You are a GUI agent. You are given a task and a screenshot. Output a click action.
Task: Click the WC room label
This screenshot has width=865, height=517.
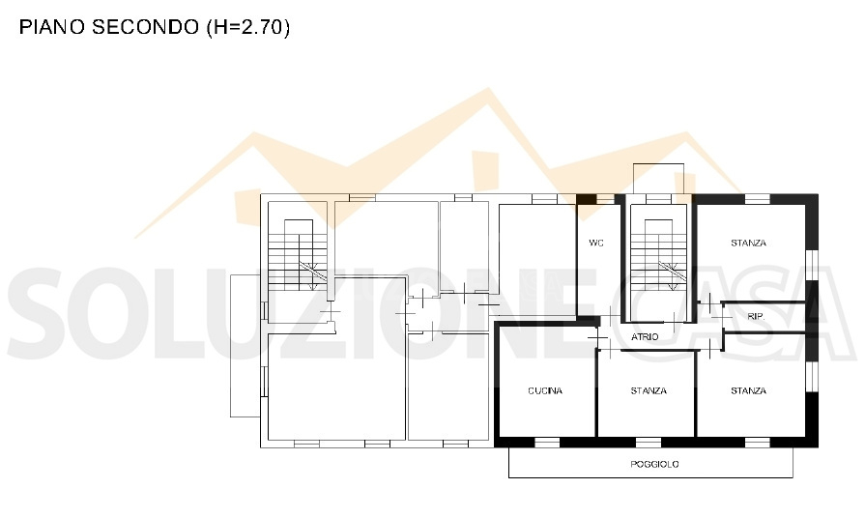pos(595,243)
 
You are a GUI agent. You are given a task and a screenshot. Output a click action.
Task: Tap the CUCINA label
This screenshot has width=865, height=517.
pos(545,390)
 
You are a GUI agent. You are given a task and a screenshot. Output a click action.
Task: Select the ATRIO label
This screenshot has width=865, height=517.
pos(645,336)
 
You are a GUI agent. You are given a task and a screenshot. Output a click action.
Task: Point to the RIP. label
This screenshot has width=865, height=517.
pos(756,317)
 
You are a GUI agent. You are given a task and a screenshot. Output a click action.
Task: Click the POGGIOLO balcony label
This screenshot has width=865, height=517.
pos(654,464)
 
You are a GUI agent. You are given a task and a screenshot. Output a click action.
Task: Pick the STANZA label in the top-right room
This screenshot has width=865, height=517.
pos(749,243)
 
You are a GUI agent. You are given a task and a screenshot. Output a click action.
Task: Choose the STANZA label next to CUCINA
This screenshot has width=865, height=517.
pos(649,390)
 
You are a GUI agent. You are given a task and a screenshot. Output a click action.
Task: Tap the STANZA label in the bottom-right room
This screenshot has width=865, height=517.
pos(749,390)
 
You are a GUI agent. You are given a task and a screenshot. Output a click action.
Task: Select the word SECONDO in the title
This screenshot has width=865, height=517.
pos(145,27)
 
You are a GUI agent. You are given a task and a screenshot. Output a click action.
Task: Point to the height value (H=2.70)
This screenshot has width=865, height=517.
pos(248,27)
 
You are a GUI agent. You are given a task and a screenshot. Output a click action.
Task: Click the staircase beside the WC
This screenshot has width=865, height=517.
pos(659,255)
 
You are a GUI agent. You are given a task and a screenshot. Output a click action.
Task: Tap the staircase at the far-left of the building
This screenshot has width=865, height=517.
pos(298,255)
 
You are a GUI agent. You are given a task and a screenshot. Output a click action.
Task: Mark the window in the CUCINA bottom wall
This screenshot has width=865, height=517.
pos(547,443)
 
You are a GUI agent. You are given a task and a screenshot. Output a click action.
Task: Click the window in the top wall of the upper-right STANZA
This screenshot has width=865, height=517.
pos(758,199)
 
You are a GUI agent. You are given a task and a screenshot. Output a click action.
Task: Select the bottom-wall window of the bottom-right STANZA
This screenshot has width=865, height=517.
pos(758,443)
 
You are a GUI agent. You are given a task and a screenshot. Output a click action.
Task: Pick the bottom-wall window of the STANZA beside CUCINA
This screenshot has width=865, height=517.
pos(649,443)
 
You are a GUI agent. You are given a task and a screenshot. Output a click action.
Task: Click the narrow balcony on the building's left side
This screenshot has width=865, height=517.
pos(245,345)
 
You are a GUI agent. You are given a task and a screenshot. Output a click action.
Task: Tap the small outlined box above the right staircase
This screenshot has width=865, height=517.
pos(659,179)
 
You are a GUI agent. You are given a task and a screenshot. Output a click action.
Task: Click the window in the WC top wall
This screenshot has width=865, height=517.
pos(605,199)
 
